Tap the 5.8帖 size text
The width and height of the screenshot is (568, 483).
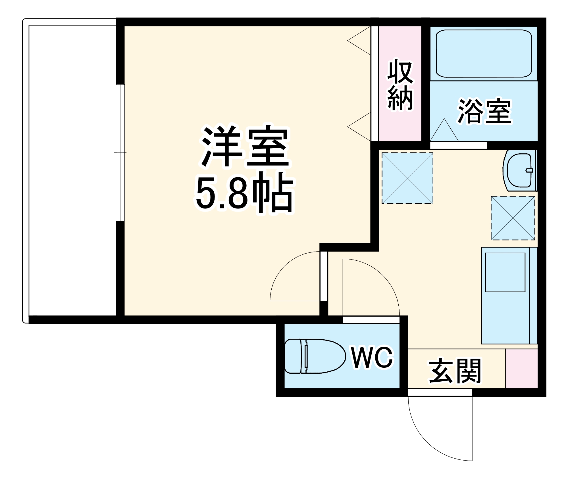point(244,193)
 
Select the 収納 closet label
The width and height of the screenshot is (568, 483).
point(400,85)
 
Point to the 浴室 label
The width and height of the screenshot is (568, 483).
point(484,111)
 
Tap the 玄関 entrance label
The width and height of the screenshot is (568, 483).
point(455,371)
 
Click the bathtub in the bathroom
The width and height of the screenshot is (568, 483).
point(483,53)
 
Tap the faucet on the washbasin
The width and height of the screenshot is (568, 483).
point(529,170)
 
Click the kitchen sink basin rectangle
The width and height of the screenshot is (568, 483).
point(505,272)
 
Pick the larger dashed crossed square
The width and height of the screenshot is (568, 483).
point(407,178)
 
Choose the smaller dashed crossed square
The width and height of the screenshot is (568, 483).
point(513,218)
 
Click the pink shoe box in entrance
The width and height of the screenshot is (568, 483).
point(522,368)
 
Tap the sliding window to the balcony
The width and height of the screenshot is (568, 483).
point(120,152)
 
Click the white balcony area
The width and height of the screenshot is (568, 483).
point(72,170)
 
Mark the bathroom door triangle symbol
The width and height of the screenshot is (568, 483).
point(444,131)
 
